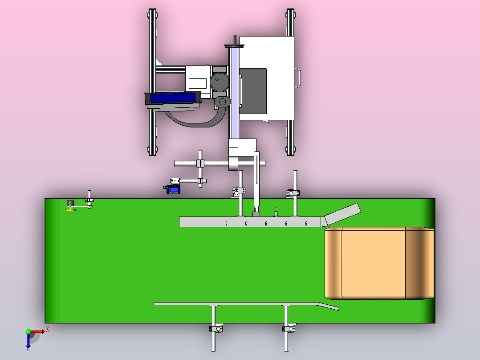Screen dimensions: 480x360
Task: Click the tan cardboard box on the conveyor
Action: coord(379,263)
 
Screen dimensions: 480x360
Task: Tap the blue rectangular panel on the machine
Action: coord(173,98)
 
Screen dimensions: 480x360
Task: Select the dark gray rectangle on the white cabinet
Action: coord(253,91)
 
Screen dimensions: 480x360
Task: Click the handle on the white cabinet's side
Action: coord(297,78)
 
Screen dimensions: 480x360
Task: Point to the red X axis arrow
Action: coord(37,331)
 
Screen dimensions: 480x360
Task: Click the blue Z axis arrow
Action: coord(28,340)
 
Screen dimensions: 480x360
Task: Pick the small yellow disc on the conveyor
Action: coord(71,210)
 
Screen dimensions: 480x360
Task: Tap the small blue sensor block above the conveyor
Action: coord(173,190)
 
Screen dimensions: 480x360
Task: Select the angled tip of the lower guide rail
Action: coord(328,306)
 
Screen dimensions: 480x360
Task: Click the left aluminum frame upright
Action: coord(152,82)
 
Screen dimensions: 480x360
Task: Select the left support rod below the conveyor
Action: coord(213,328)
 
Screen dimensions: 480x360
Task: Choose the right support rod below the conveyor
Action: coord(286,328)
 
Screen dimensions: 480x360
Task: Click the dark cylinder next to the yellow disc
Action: coord(70,204)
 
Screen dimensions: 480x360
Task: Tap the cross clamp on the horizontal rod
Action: coord(200,164)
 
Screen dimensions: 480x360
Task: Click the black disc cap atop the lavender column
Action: coord(235,46)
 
